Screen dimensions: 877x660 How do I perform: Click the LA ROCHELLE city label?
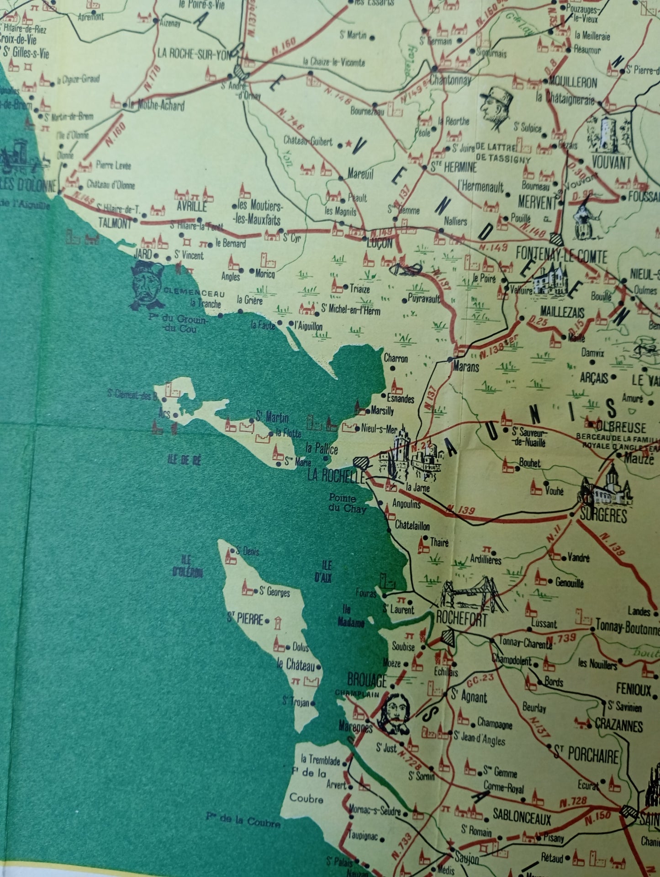click(x=336, y=476)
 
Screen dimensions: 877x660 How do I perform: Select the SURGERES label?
click(x=603, y=515)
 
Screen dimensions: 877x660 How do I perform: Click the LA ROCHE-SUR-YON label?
click(x=195, y=54)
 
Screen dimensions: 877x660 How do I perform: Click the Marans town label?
click(x=466, y=366)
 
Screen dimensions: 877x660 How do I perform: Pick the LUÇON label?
click(x=380, y=244)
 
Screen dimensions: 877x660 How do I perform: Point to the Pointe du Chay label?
click(x=348, y=503)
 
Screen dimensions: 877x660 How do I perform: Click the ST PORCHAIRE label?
click(x=586, y=755)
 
